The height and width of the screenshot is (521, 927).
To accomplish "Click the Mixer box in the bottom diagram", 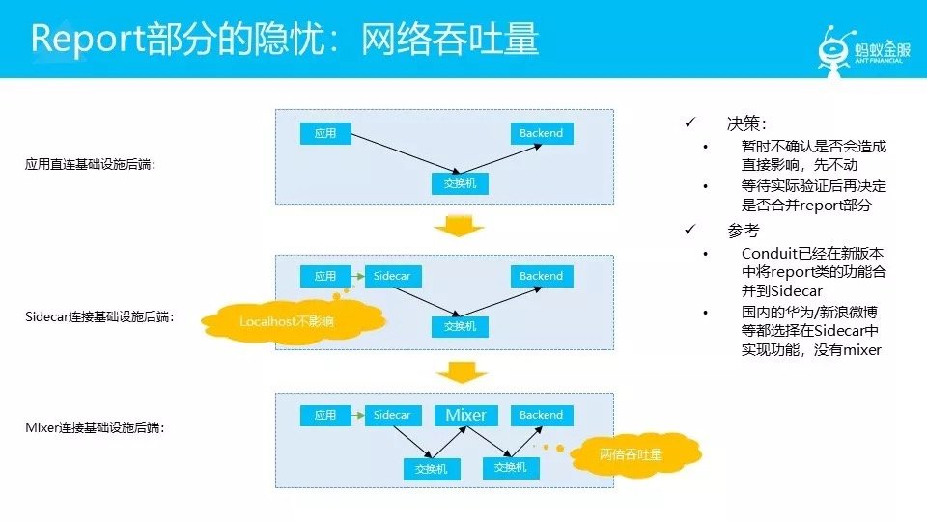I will point(465,415).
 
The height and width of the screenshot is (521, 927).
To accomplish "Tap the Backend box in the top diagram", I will point(541,133).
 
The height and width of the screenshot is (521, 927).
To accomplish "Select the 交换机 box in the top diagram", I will point(460,182).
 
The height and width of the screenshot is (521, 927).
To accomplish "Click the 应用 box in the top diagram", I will point(324,133).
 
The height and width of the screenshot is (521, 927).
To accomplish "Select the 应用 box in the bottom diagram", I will point(324,415).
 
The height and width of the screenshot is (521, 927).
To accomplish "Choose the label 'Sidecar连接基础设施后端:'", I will point(99,316).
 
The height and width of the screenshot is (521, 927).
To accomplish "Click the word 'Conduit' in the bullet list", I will point(772,253).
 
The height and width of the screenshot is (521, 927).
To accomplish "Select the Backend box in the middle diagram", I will point(541,276).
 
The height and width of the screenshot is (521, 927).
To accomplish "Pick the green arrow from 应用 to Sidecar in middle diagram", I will point(356,276).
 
